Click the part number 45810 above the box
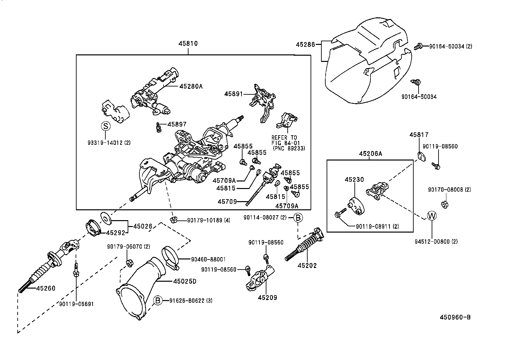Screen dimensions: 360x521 pyautogui.click(x=188, y=44)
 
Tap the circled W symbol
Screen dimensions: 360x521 pyautogui.click(x=432, y=216)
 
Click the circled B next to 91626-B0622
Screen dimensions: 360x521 pyautogui.click(x=158, y=300)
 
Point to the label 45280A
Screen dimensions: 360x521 pyautogui.click(x=191, y=86)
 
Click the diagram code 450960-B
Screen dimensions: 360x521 pyautogui.click(x=455, y=317)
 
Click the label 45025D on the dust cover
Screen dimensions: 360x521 pyautogui.click(x=185, y=281)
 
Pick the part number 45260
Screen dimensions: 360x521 pyautogui.click(x=45, y=288)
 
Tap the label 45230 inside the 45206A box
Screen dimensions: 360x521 pyautogui.click(x=354, y=180)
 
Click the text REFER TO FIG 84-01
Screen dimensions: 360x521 pyautogui.click(x=284, y=140)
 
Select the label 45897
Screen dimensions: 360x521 pyautogui.click(x=177, y=124)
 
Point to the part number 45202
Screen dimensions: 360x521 pyautogui.click(x=307, y=265)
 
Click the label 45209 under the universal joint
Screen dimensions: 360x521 pyautogui.click(x=267, y=297)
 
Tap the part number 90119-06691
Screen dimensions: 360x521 pyautogui.click(x=77, y=304)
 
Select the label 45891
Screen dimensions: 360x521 pyautogui.click(x=234, y=94)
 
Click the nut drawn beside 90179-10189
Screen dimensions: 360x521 pyautogui.click(x=173, y=219)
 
